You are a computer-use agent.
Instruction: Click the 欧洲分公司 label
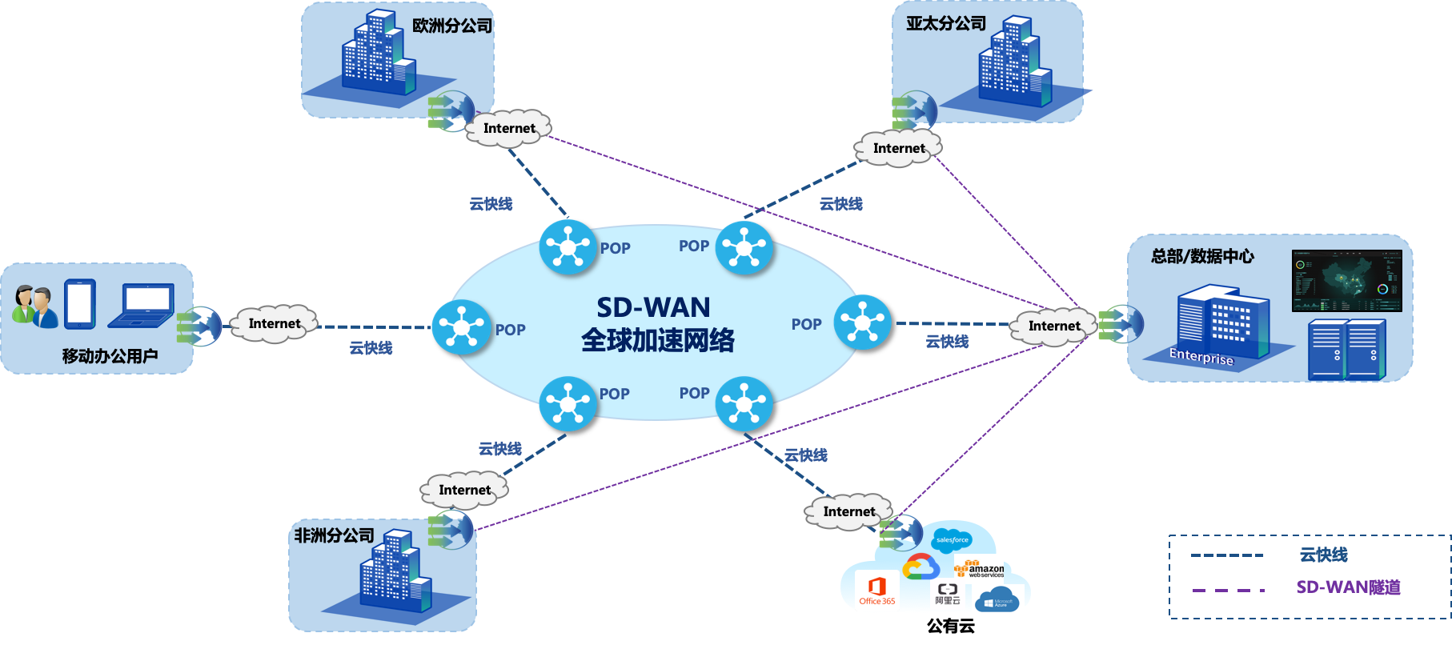[452, 26]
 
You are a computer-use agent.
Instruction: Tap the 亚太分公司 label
[946, 24]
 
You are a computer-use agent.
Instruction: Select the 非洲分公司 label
[334, 535]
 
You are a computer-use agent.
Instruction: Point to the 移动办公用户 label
[110, 356]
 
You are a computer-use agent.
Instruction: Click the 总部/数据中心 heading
[1202, 256]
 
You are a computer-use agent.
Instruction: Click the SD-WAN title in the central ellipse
[653, 307]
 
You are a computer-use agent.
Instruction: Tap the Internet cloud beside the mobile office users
[274, 323]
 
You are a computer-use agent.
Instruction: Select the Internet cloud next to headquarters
[1053, 327]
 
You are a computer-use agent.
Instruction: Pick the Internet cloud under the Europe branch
[508, 129]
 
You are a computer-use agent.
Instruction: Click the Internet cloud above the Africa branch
[464, 490]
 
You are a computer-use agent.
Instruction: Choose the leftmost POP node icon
[461, 327]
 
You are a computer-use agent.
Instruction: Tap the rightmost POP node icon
[862, 322]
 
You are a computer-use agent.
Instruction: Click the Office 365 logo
[877, 591]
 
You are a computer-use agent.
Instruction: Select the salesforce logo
[952, 540]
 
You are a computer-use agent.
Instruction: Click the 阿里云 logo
[947, 593]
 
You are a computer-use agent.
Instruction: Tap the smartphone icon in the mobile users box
[80, 303]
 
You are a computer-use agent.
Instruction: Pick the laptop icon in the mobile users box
[142, 306]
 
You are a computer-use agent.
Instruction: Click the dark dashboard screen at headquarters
[1346, 281]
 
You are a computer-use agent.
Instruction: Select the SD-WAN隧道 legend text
[1348, 587]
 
